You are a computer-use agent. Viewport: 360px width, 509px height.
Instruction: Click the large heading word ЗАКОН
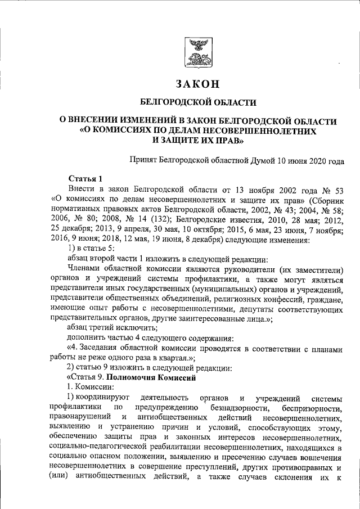[x=196, y=85]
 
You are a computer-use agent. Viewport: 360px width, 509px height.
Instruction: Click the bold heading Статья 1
[x=85, y=179]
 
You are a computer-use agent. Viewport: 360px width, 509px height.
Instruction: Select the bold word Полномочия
[x=134, y=378]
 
